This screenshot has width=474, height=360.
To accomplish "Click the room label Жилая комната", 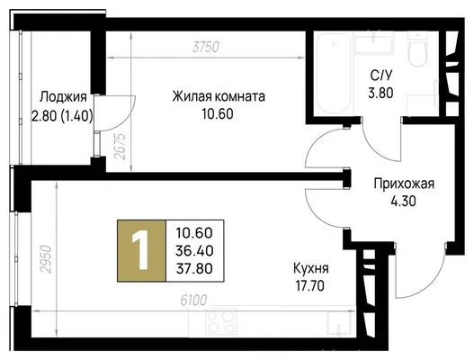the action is pos(219,96).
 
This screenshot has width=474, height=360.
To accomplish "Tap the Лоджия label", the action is pos(64,97).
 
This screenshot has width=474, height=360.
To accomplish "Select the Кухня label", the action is pos(311,268).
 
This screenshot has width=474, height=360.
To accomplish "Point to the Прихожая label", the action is pos(404,184).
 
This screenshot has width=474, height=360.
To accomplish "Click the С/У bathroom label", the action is pos(380,76).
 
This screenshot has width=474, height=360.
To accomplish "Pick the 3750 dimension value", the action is pos(206,47).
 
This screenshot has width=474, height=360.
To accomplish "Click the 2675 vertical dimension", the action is pos(120,147).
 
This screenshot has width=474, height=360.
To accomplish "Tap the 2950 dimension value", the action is pos(47,259).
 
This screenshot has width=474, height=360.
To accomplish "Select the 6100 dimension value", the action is pos(193,301).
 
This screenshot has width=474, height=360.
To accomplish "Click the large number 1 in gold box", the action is pos(140,249).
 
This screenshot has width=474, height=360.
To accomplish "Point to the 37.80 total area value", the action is pos(194,268).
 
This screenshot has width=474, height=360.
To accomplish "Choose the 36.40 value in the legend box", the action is pos(194,251).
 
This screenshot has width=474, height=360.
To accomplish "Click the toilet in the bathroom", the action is pos(417,49).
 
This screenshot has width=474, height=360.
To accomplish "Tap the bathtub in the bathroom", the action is pos(334,73).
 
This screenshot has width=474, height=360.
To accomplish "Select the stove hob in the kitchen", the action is pos(220,322).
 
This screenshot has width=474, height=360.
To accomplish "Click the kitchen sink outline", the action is pos(340,323).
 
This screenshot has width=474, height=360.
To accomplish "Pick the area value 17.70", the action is pos(310,285).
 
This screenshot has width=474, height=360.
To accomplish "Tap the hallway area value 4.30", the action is pos(404,202).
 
